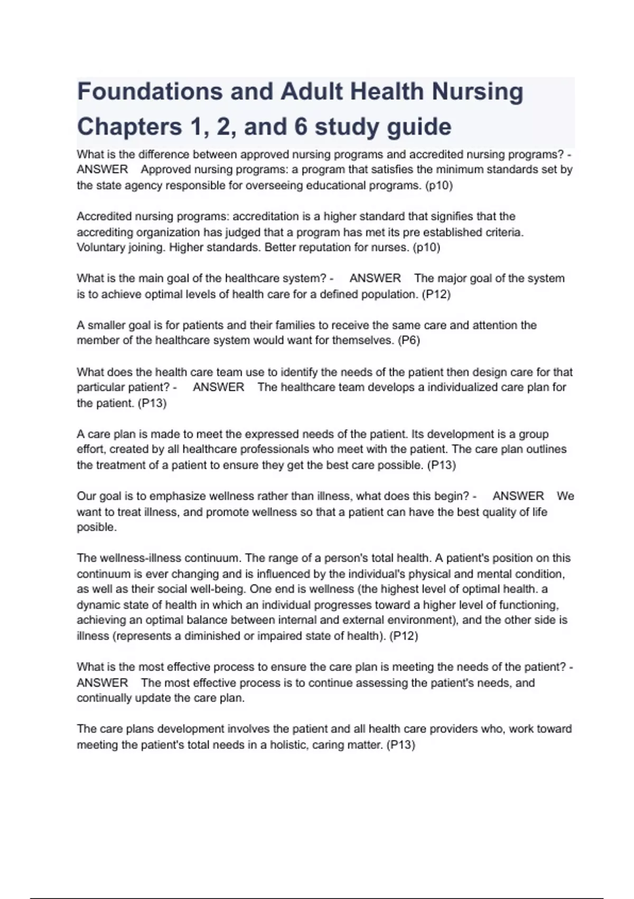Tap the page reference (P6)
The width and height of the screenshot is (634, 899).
click(x=408, y=341)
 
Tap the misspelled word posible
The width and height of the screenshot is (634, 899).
click(x=96, y=528)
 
